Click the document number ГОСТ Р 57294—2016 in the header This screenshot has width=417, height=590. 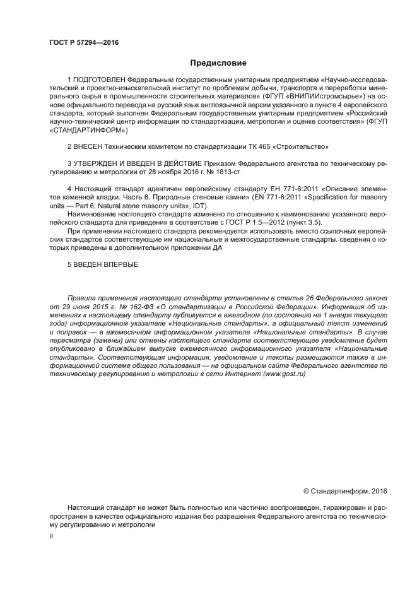pos(83,42)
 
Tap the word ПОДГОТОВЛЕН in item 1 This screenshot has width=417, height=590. pos(98,80)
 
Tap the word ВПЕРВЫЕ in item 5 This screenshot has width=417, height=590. pos(117,264)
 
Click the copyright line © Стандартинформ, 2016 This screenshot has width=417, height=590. pos(345,490)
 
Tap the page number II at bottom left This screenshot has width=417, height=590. pos(51,536)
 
